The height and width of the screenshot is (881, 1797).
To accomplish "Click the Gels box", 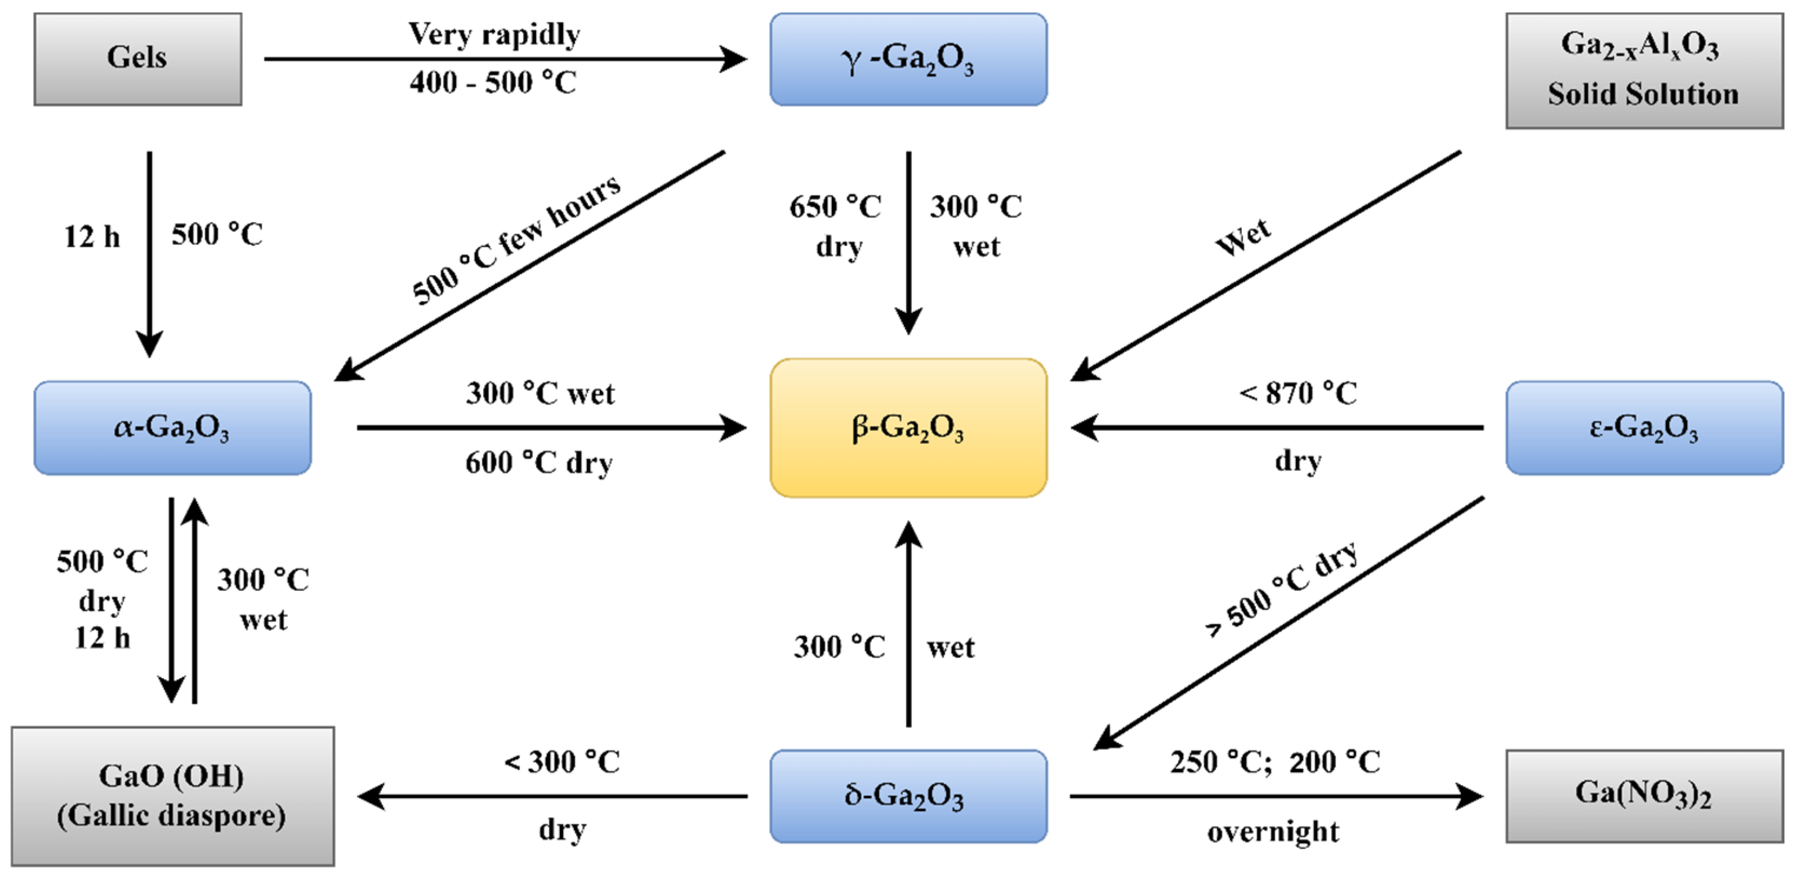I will click(x=138, y=59).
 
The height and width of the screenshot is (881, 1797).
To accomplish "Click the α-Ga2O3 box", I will click(x=172, y=428).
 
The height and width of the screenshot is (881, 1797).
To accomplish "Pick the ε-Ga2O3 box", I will click(x=1644, y=428).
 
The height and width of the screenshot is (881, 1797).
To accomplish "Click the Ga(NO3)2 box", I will click(x=1644, y=796).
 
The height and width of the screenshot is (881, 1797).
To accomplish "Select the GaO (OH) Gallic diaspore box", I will click(x=172, y=796).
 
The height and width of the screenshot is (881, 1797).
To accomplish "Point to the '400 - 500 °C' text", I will click(x=493, y=83).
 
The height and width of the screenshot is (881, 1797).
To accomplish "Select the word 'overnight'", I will click(x=1273, y=831).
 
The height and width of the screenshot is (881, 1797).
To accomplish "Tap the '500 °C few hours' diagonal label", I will click(x=516, y=241).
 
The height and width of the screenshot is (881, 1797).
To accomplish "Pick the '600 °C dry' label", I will click(x=538, y=462).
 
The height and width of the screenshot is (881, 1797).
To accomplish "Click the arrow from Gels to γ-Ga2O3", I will click(x=502, y=59).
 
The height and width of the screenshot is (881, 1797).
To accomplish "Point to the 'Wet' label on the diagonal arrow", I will click(x=1242, y=237).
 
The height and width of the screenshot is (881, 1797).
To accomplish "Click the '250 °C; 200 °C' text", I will click(x=1274, y=762).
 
